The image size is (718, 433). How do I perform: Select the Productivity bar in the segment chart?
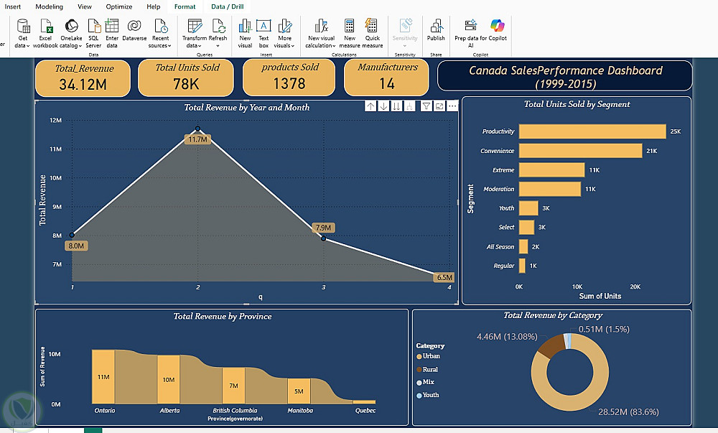(592, 131)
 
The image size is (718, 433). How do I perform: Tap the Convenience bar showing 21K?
(580, 151)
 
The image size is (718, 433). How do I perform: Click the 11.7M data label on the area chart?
(197, 139)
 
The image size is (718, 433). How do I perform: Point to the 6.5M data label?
(444, 277)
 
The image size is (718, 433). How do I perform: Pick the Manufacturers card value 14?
(387, 84)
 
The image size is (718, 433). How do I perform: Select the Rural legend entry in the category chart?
(431, 370)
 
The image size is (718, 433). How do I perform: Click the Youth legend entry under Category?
(431, 395)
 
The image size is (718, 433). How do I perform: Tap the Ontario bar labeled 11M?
(103, 377)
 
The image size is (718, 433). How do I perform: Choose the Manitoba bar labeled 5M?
(299, 391)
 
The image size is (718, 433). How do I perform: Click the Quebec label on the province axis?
(365, 411)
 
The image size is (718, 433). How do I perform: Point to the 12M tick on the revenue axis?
(55, 120)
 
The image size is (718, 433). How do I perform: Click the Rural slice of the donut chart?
(551, 347)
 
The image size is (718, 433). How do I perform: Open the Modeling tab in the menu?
(50, 6)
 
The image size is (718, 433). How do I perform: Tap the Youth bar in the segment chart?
(528, 208)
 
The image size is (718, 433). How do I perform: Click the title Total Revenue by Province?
(222, 316)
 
